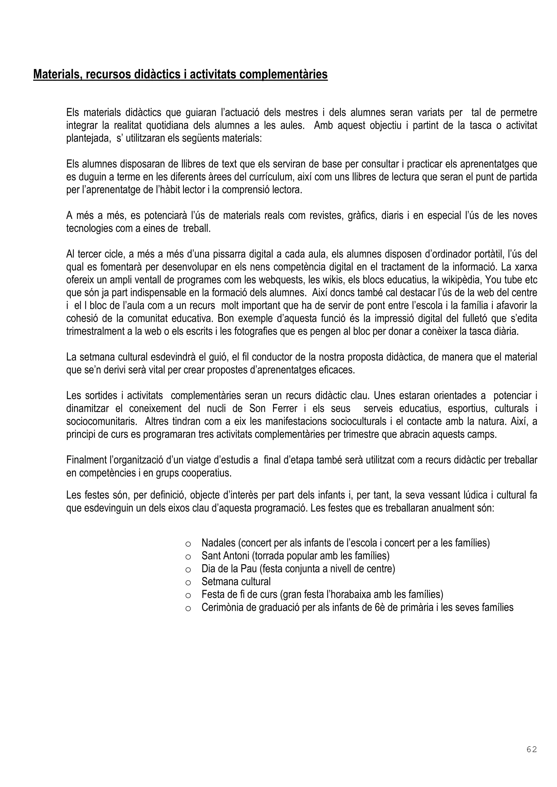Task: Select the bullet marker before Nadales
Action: click(x=188, y=544)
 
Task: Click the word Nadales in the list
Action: click(x=219, y=543)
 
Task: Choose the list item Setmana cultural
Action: click(x=236, y=582)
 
